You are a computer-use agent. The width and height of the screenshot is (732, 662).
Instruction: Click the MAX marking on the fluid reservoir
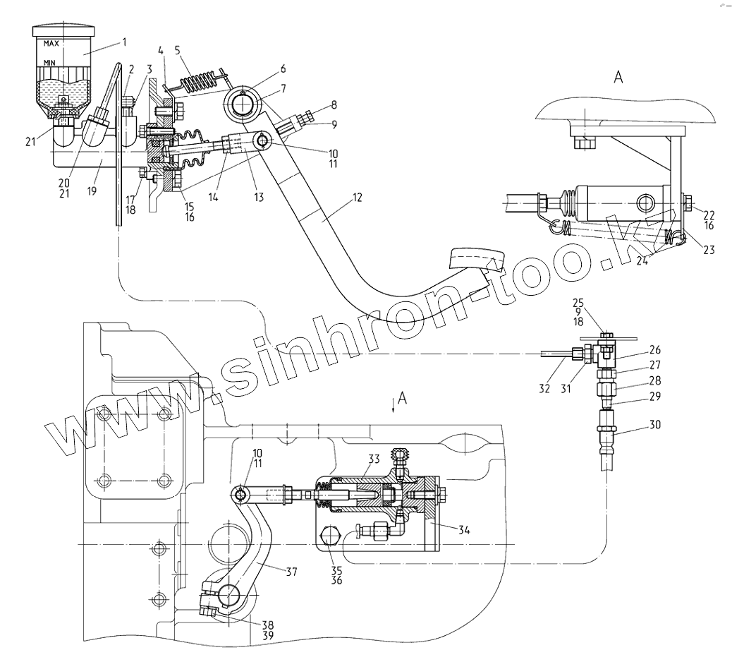pos(51,44)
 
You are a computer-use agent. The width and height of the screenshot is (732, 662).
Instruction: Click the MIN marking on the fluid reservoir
pos(49,63)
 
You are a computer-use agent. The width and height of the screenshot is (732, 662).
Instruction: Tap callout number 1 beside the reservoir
pos(124,42)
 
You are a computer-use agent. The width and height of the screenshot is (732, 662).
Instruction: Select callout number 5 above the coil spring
pos(178,49)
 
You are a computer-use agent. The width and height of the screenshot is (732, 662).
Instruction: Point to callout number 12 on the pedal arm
pos(357,198)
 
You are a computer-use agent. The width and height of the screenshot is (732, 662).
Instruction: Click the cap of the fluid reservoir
pos(64,31)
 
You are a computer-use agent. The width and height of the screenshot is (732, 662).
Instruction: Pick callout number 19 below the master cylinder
pos(92,191)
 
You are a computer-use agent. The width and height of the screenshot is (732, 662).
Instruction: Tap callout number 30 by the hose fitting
pos(655,425)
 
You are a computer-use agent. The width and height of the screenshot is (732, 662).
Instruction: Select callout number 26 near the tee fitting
pos(655,349)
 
